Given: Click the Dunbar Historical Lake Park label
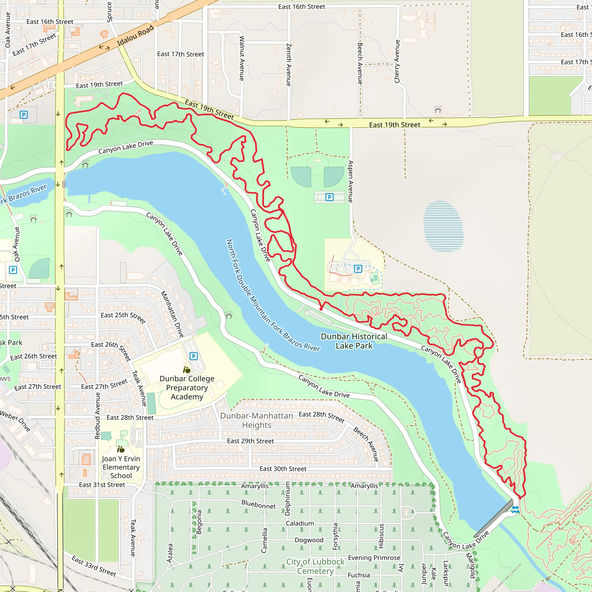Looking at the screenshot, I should click(354, 341).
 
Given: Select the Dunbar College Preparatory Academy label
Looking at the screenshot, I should click(187, 388).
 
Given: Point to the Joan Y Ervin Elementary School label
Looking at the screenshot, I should click(121, 467).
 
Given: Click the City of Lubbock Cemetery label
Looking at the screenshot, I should click(315, 566).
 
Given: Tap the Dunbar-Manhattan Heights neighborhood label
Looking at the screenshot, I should click(256, 420).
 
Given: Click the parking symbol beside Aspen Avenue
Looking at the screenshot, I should click(330, 197).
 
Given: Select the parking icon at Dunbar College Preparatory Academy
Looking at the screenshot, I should click(194, 356).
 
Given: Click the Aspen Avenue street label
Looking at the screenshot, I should click(351, 182).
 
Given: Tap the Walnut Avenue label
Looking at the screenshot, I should click(242, 58).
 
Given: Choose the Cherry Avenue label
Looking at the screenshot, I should click(397, 61).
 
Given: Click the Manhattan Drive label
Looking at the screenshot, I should click(172, 314).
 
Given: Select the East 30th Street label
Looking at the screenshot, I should click(283, 469).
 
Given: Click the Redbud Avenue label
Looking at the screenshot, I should click(97, 415).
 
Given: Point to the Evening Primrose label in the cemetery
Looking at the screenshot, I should click(374, 558).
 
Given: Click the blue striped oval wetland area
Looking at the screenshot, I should click(443, 226).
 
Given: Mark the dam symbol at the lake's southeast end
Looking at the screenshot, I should click(515, 510).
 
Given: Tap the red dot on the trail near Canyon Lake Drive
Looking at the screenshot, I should click(321, 309).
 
